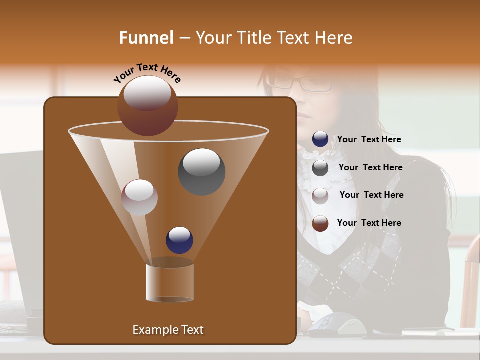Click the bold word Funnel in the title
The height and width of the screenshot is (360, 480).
pos(146,38)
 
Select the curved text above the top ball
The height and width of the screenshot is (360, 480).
pos(147,73)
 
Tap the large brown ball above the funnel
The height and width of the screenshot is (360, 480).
pos(147,106)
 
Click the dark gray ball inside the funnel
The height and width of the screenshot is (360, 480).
pos(201,171)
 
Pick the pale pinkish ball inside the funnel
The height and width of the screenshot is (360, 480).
pos(139,197)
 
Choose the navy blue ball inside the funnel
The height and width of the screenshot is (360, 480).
pos(179,240)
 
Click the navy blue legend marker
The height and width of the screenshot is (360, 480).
pos(320,139)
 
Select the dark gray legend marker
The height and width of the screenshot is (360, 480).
pos(320,168)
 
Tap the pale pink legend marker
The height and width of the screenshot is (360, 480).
pos(320,195)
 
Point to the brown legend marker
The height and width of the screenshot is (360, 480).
pos(320,223)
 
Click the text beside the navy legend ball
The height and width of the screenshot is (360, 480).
pos(369,140)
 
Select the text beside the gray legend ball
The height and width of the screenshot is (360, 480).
pos(370,168)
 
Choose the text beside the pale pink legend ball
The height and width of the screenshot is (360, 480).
pos(371,195)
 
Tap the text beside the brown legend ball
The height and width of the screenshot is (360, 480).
pos(369,223)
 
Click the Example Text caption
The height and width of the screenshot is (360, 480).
pos(168,330)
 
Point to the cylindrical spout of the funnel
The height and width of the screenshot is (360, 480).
pos(170,282)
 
